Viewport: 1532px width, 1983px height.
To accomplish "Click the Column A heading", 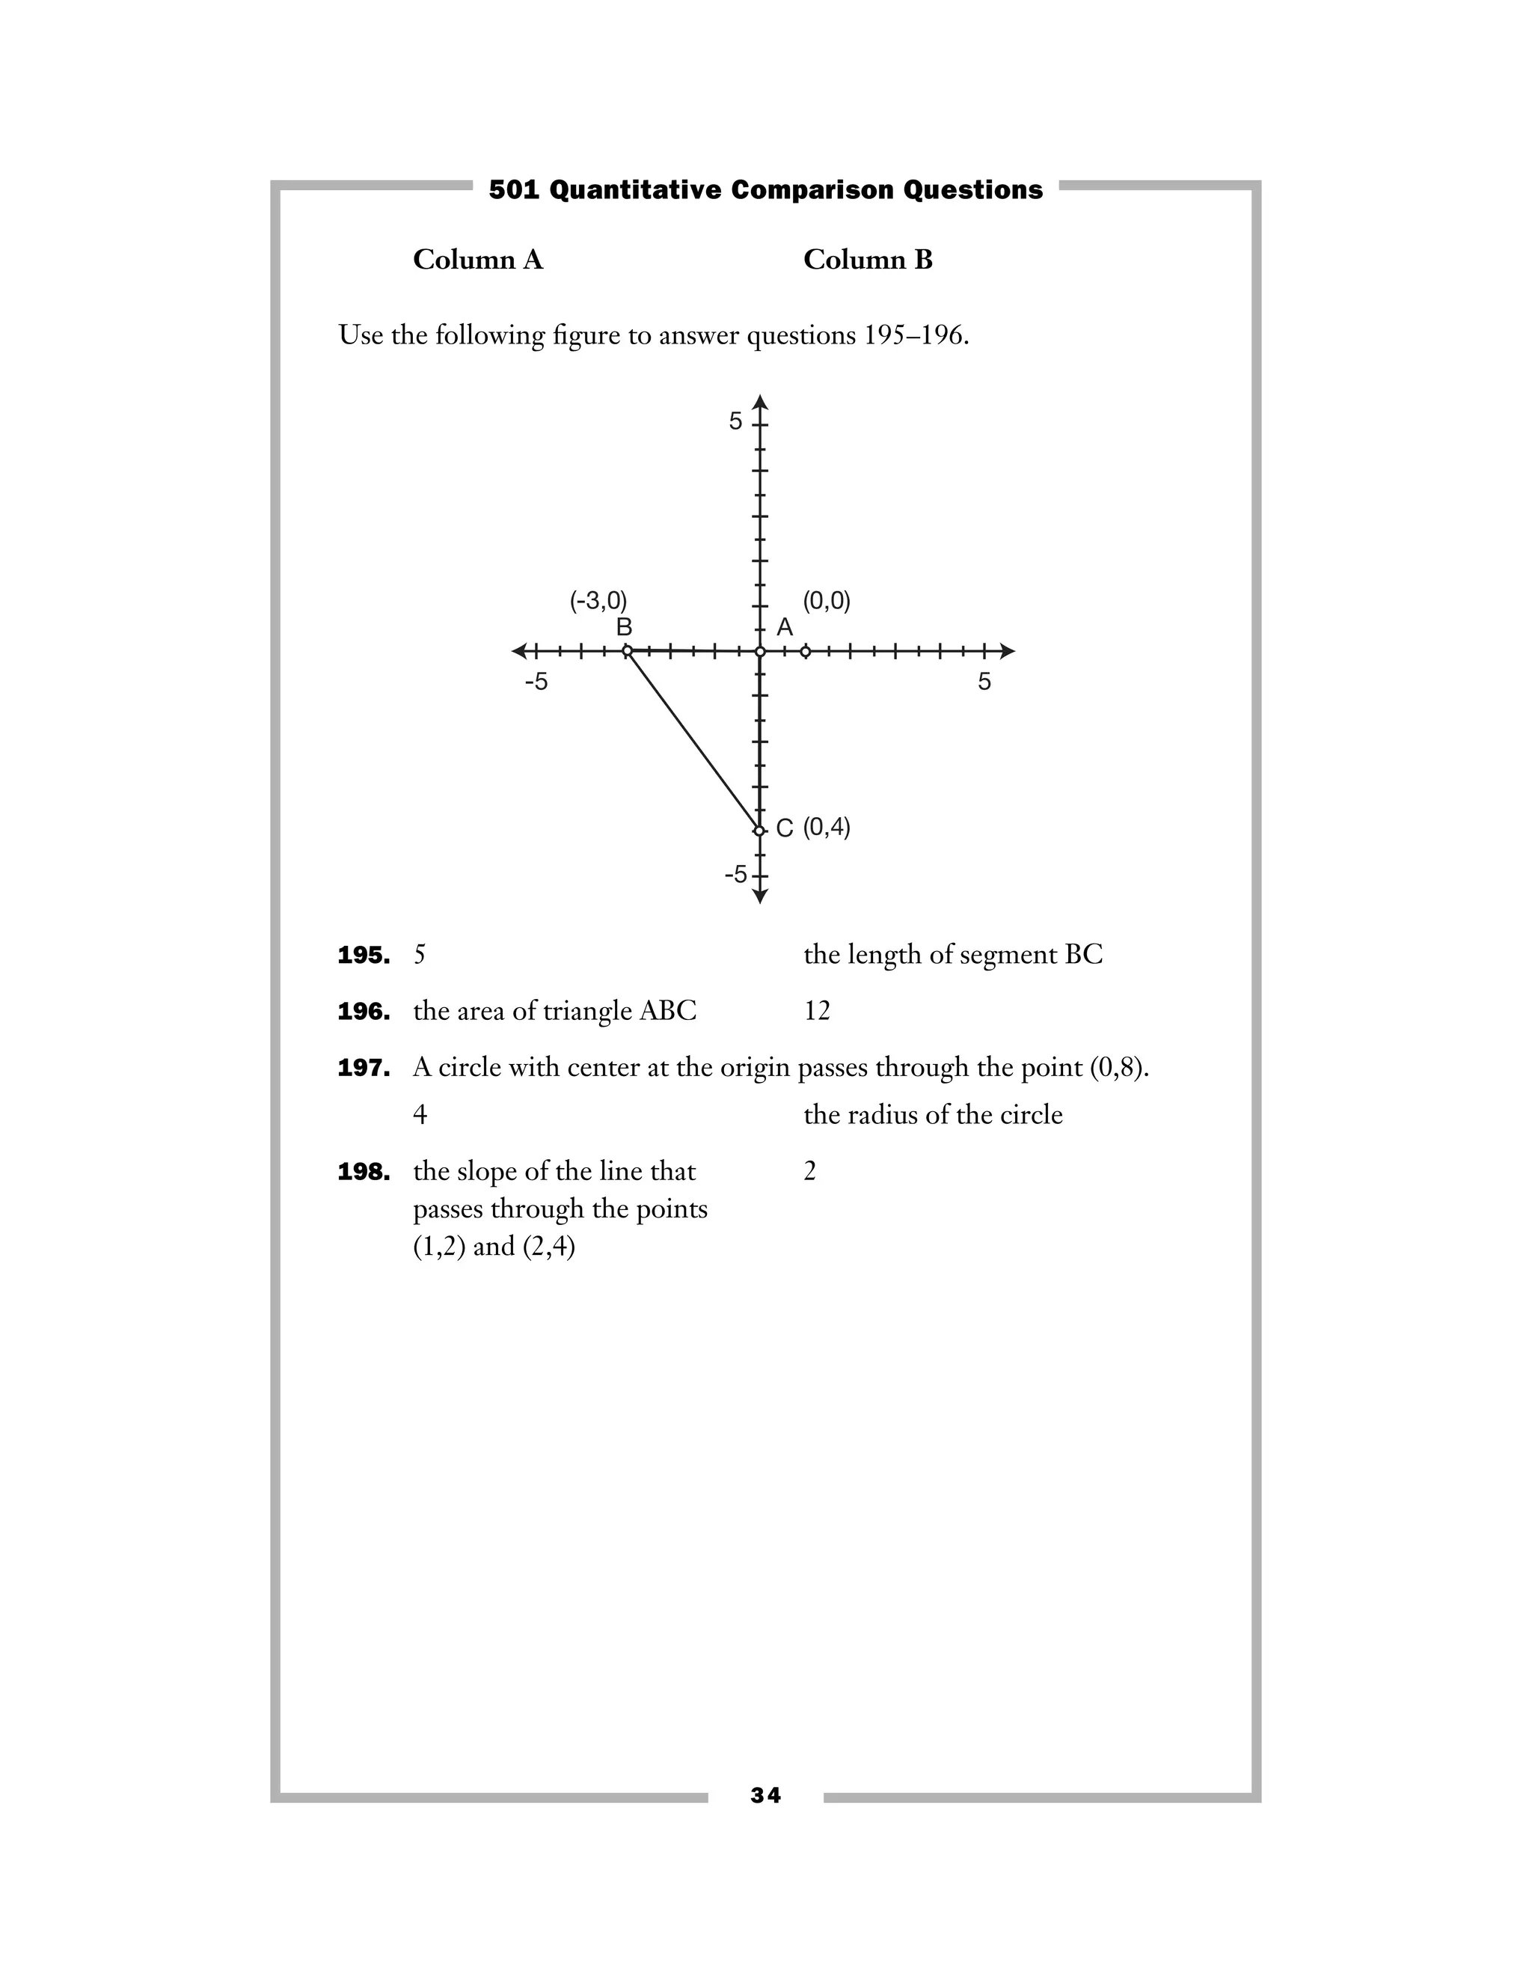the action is (477, 260).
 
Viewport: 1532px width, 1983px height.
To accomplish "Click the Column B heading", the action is (868, 260).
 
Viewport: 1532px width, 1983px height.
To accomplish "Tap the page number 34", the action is (765, 1795).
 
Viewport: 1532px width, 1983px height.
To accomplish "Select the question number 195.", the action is (363, 955).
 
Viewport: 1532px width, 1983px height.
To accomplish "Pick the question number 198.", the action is (363, 1172).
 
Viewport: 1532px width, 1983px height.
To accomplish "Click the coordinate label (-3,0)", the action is (598, 601).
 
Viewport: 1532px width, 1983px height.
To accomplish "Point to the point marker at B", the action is (627, 651).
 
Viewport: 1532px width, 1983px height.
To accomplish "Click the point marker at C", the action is (760, 829).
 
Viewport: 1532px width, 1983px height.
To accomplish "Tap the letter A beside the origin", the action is (785, 627).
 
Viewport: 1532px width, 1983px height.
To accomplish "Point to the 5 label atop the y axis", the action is (735, 421).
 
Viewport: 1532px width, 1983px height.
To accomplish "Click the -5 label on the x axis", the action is (536, 682).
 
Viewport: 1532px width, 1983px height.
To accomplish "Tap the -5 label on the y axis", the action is (735, 874).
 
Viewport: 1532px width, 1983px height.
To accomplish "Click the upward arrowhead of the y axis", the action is (761, 403).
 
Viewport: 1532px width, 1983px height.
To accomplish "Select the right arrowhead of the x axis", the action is (1008, 651).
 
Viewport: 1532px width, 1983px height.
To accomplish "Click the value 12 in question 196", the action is (817, 1012).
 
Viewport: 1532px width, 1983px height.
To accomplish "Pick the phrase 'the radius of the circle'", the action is (933, 1115).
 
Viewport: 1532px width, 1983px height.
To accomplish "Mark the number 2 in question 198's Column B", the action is (809, 1172).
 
